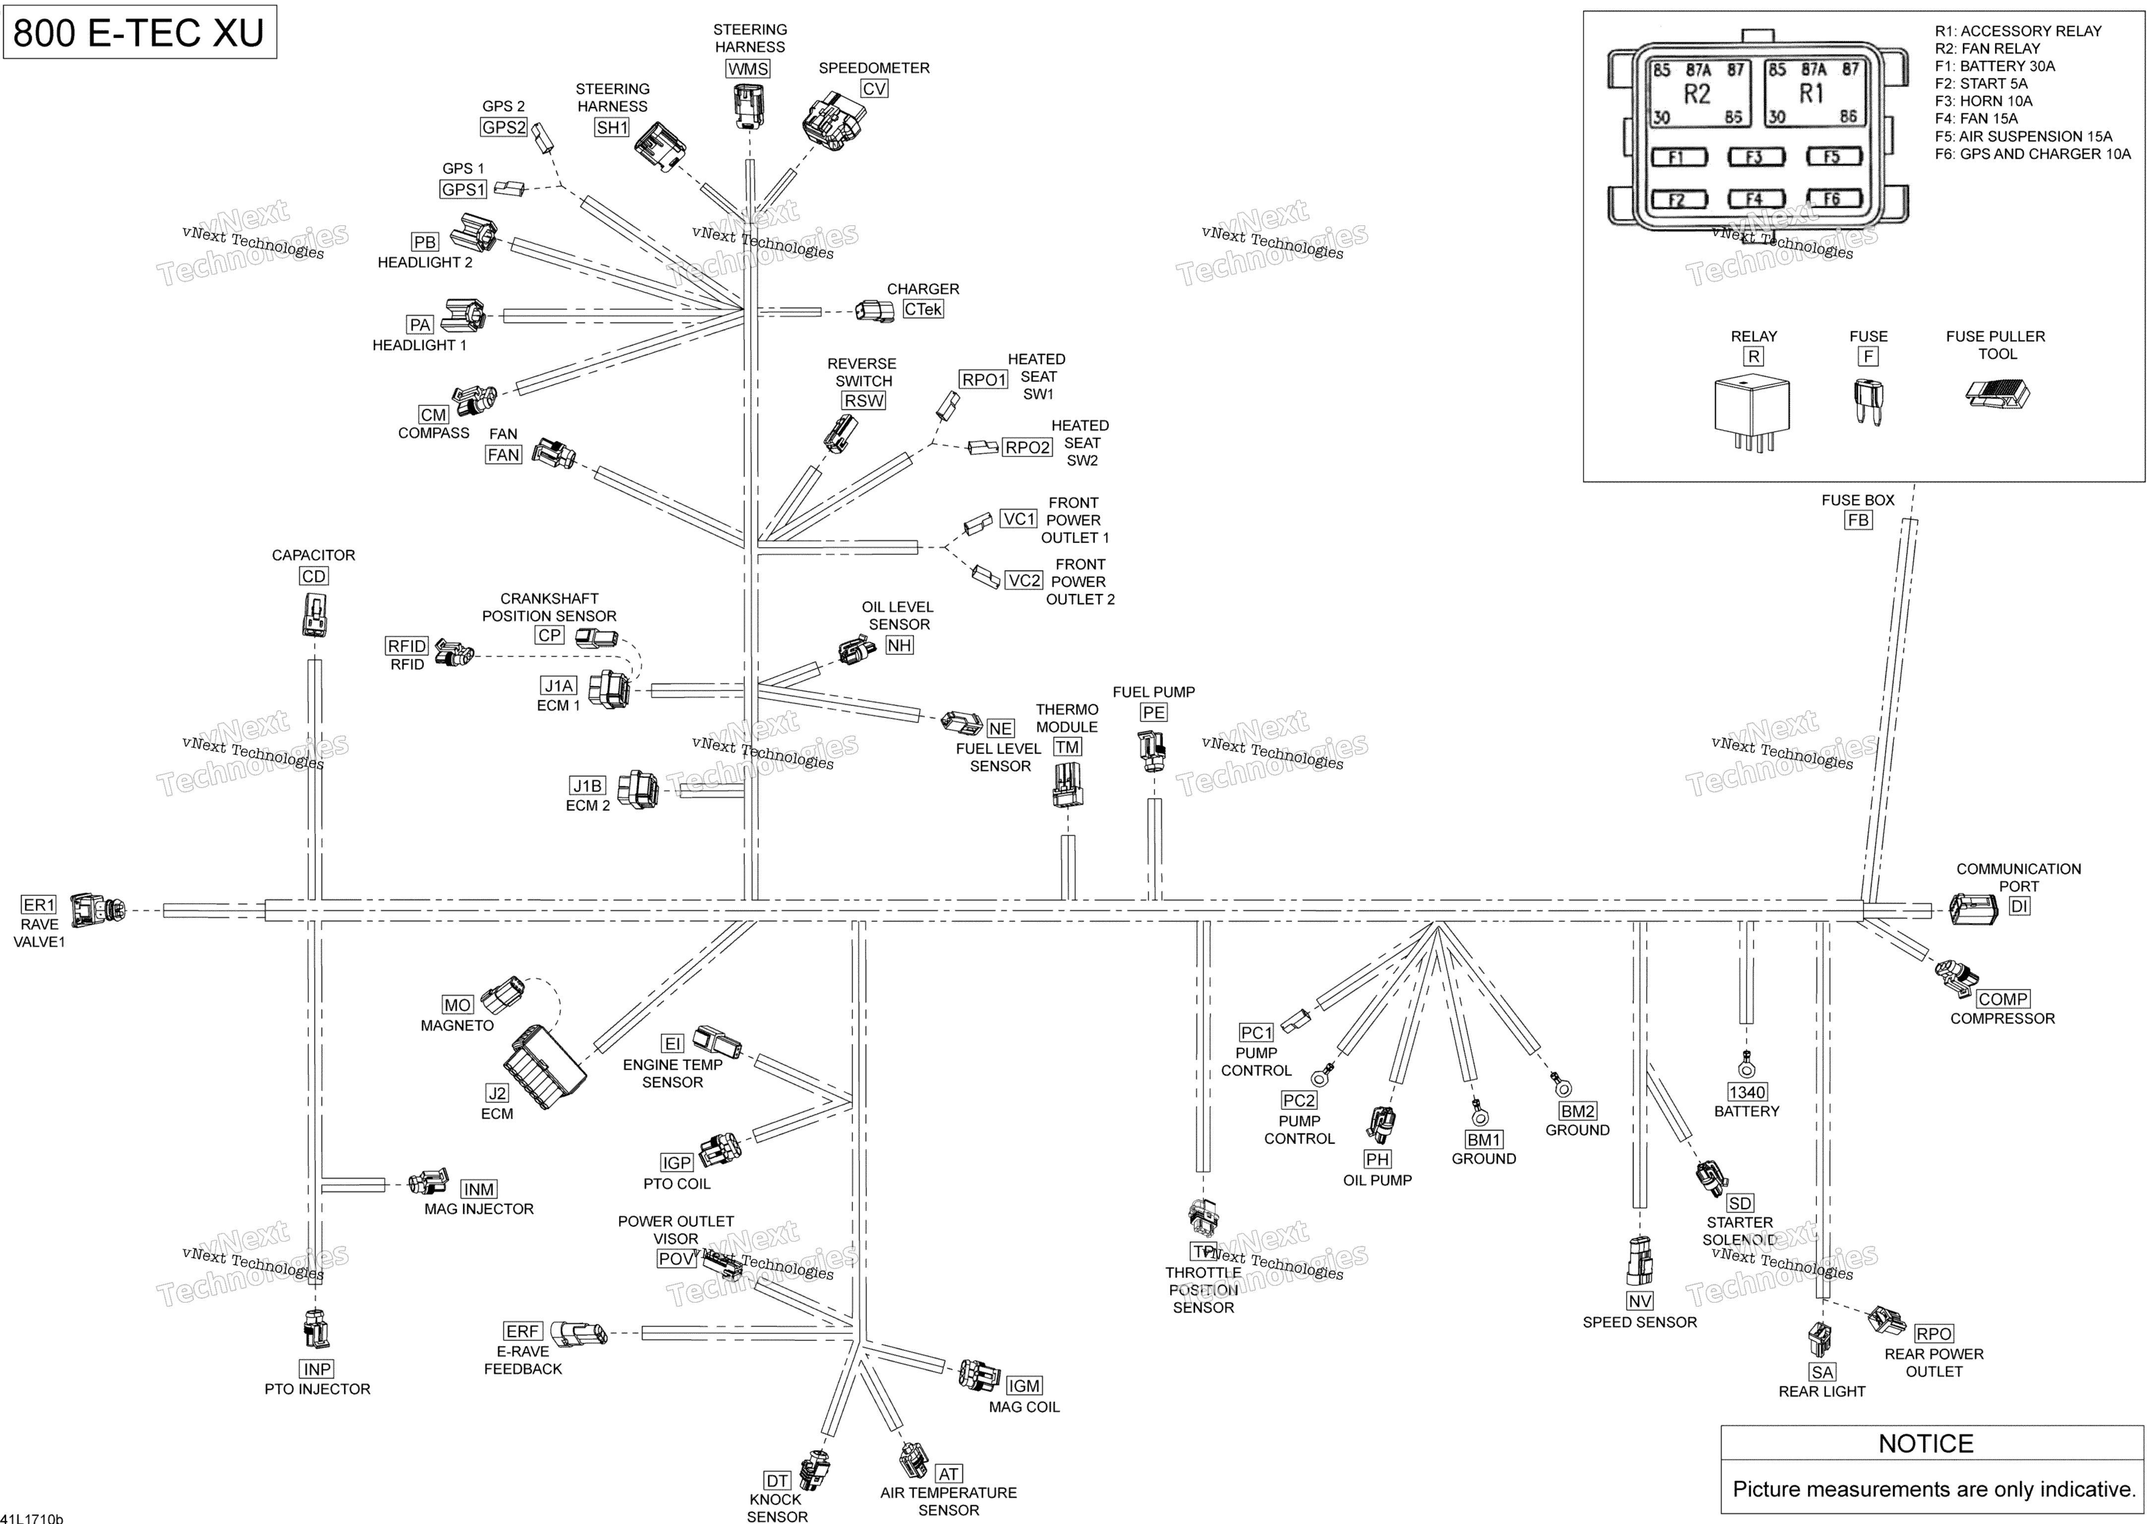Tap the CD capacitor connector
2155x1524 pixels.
click(314, 614)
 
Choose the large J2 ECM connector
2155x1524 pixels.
click(545, 1065)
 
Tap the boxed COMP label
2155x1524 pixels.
click(2003, 999)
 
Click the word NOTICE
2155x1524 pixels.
click(1926, 1443)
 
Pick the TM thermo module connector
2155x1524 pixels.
click(1067, 785)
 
